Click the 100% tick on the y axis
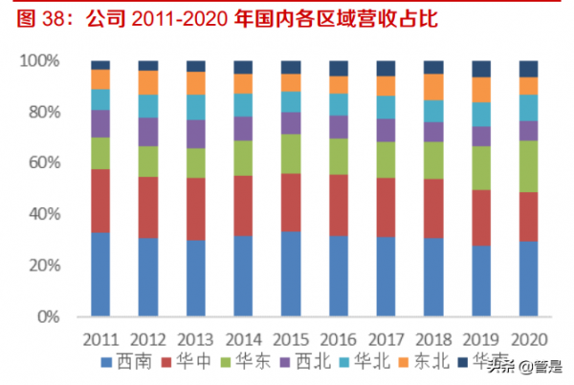(40, 61)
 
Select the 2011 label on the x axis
(100, 339)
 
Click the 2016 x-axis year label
(339, 339)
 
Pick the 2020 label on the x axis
(529, 339)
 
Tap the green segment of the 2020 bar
(529, 166)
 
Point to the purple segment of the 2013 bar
(196, 134)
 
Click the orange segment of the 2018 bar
(433, 87)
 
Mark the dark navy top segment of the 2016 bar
(339, 68)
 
